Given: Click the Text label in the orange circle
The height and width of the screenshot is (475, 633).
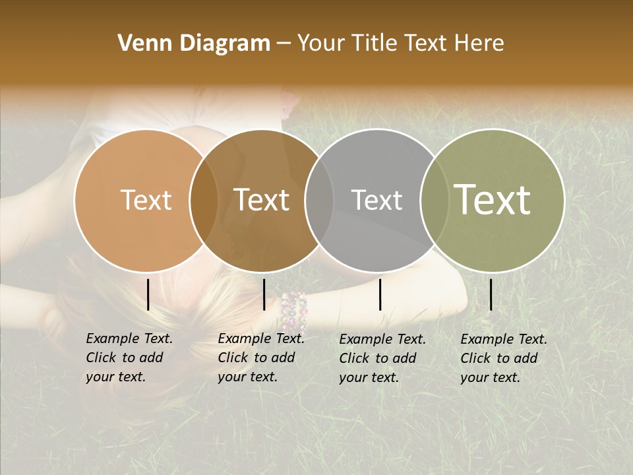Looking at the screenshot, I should [x=146, y=200].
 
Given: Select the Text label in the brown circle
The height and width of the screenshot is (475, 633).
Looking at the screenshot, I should [x=262, y=200].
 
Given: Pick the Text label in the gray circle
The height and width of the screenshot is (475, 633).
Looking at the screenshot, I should [x=377, y=200].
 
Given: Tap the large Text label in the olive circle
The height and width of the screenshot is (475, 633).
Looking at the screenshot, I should [x=493, y=200].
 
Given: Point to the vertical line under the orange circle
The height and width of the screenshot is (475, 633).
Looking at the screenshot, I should [x=148, y=294].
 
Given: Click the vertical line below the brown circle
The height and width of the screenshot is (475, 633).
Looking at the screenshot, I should [x=264, y=294].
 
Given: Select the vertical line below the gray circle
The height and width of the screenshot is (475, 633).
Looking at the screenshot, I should [x=380, y=294].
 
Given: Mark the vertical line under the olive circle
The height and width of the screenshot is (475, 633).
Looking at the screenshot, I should [x=491, y=294].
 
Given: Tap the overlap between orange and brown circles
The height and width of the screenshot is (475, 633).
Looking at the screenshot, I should [x=204, y=200].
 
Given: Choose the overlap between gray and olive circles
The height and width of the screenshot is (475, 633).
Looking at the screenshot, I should [x=434, y=200].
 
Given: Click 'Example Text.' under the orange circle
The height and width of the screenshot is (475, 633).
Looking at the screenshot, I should [x=129, y=338].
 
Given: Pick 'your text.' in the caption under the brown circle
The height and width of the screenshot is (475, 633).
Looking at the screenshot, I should [x=247, y=377].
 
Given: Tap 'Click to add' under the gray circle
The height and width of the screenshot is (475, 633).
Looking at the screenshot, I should [x=377, y=358].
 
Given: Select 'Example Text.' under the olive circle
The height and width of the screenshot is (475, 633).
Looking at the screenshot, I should [x=504, y=339].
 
